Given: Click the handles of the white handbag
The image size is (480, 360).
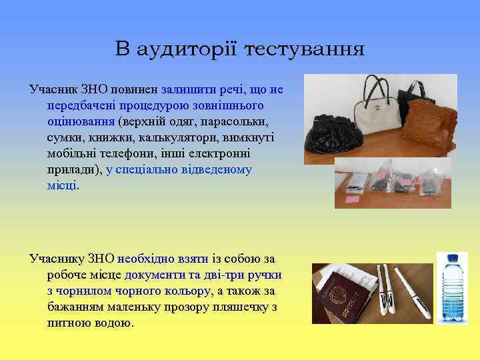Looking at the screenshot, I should [x=377, y=87].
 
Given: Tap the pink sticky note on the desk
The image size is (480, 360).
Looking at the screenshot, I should [x=353, y=198].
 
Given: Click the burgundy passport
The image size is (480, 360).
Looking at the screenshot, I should [x=344, y=299].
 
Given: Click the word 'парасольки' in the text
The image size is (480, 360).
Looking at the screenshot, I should [x=234, y=122].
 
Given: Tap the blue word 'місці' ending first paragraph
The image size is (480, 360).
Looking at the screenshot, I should [x=62, y=186].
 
